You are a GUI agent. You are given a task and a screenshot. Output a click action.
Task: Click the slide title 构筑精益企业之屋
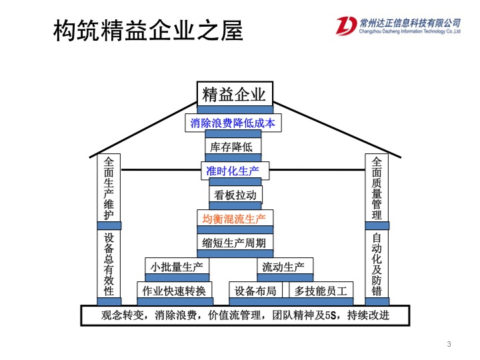[148, 30]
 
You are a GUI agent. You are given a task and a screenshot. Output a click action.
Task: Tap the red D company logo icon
[346, 26]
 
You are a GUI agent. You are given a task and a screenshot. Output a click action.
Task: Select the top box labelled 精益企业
[235, 94]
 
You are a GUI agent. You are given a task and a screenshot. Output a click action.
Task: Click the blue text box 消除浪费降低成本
[233, 123]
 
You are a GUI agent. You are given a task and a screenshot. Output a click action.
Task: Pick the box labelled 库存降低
[233, 147]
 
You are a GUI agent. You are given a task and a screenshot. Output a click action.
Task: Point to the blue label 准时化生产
[235, 171]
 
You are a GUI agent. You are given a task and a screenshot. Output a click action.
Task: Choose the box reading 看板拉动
[235, 195]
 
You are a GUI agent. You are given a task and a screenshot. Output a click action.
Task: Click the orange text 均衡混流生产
[235, 219]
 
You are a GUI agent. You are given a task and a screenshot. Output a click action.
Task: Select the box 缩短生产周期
[235, 243]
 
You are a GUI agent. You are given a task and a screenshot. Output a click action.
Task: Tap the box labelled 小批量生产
[177, 266]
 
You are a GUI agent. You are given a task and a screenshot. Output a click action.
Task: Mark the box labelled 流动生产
[285, 266]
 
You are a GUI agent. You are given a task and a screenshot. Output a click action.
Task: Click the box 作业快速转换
[175, 290]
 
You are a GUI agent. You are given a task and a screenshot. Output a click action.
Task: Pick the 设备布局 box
[255, 290]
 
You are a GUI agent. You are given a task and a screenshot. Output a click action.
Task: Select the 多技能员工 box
[321, 290]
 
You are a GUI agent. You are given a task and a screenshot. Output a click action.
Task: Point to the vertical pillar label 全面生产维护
[109, 188]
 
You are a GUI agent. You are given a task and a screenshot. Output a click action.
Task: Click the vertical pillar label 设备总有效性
[109, 264]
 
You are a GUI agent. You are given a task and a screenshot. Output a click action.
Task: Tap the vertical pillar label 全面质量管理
[377, 188]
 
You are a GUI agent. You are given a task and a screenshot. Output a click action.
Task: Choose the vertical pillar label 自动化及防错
[377, 264]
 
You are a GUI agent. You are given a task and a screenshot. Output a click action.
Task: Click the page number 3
[449, 344]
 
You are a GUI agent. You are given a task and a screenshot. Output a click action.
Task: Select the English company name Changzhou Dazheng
[410, 31]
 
